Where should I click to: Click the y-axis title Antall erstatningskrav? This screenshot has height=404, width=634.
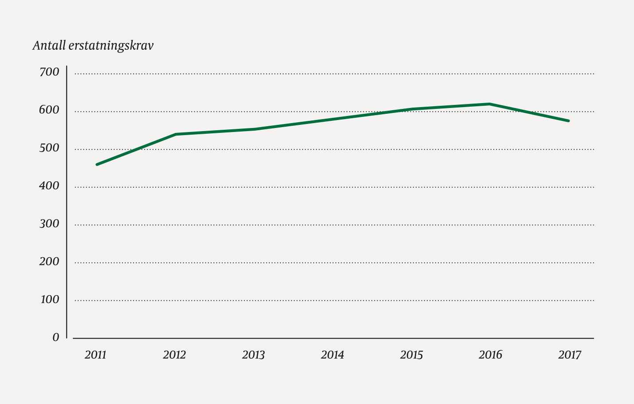(x=93, y=46)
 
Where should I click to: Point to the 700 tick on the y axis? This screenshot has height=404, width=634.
(x=49, y=72)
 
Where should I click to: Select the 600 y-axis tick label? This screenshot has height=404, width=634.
(x=49, y=110)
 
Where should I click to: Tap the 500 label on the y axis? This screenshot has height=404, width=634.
(x=49, y=148)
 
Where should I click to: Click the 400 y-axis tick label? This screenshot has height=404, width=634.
(x=49, y=186)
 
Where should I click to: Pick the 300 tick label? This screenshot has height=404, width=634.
(x=49, y=224)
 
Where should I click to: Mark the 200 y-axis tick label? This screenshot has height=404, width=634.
(x=49, y=261)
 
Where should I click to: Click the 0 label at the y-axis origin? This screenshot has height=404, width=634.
(x=56, y=337)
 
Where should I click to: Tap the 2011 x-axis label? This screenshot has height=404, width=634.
(x=95, y=355)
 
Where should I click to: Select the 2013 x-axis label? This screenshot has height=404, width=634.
(x=253, y=355)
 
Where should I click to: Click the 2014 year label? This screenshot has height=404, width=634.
(x=332, y=355)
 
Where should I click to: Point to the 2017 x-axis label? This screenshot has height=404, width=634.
(x=569, y=355)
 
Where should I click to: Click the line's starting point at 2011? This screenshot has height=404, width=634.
(x=97, y=165)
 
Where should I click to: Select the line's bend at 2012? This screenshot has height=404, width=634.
(x=176, y=134)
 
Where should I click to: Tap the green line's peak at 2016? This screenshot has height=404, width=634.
(x=489, y=104)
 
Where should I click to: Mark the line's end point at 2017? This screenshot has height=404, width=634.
(x=568, y=121)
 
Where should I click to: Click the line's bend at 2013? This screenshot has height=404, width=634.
(x=255, y=129)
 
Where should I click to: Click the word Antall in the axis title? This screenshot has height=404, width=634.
(x=49, y=46)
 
